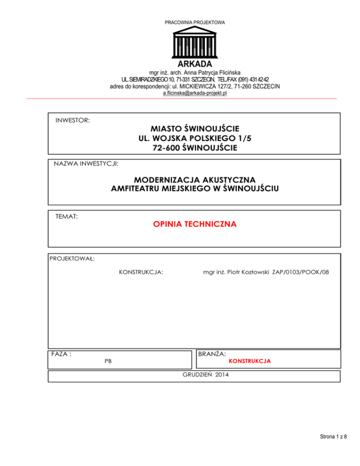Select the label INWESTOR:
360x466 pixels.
[x=73, y=120]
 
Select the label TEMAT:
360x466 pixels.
[x=67, y=217]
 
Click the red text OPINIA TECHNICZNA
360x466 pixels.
[x=195, y=225]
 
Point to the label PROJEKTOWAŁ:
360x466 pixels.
[x=72, y=258]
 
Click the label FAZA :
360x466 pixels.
[x=61, y=354]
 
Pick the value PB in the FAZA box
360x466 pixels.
[x=108, y=362]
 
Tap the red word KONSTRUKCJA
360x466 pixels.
[x=249, y=362]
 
